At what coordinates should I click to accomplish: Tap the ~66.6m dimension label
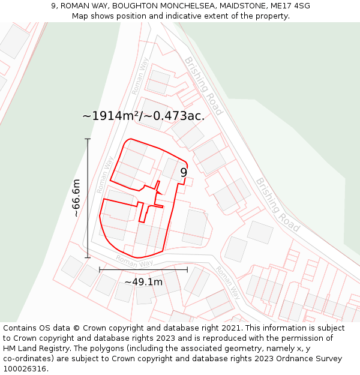click(x=76, y=198)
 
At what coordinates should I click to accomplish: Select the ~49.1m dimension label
click(x=143, y=282)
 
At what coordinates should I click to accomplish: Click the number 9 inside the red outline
click(x=184, y=172)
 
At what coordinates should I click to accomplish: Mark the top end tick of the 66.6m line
click(x=88, y=139)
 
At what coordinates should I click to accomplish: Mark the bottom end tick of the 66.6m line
click(x=88, y=258)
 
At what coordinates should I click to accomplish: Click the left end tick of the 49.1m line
click(x=100, y=270)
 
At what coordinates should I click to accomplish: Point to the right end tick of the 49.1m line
click(x=187, y=270)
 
